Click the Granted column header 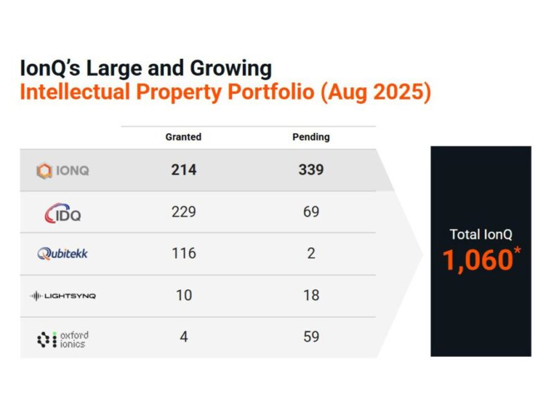(x=184, y=137)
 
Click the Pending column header (x=311, y=137)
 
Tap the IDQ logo (x=62, y=212)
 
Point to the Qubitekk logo (x=62, y=254)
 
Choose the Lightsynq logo (x=63, y=296)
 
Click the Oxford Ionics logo (x=62, y=339)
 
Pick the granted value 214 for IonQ (x=184, y=170)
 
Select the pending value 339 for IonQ (x=311, y=170)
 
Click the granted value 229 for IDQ (x=184, y=212)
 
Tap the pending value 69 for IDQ (x=311, y=212)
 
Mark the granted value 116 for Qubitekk (x=184, y=254)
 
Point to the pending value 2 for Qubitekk (x=311, y=254)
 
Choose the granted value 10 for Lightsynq (x=184, y=295)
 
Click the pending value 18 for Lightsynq (x=311, y=295)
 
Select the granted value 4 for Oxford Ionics (x=184, y=338)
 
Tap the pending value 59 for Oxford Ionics (x=311, y=338)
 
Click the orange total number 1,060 (x=478, y=260)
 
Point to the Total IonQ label (x=481, y=234)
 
